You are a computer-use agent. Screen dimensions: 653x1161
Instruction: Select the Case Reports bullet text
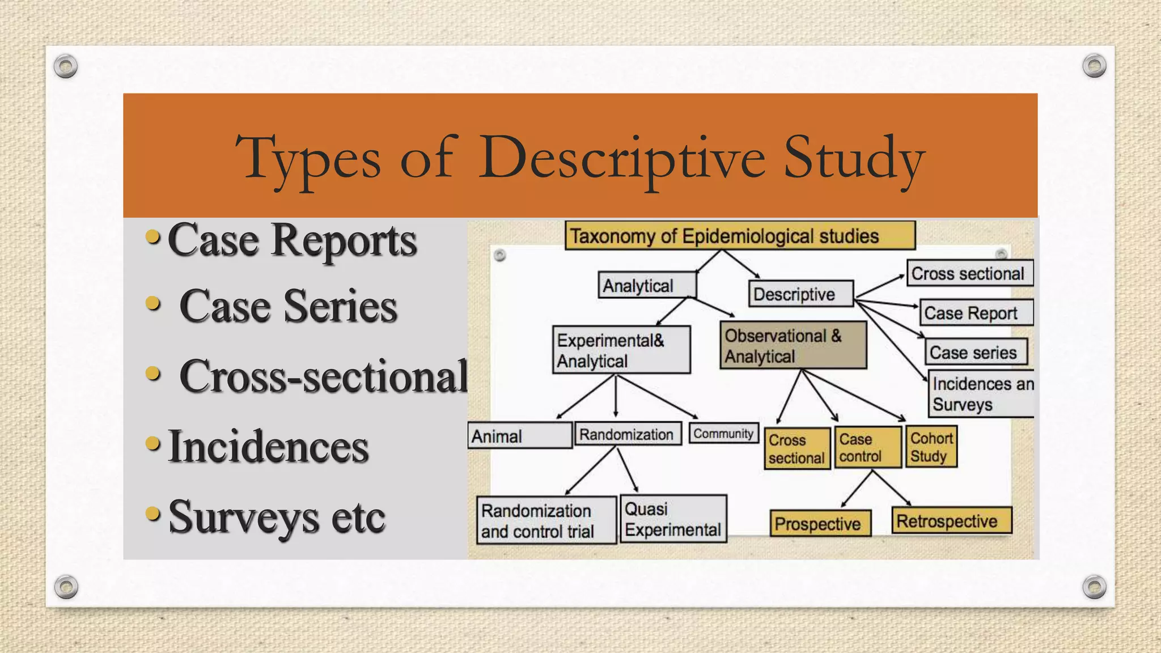click(292, 240)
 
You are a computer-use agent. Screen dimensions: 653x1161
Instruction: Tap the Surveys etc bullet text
click(277, 517)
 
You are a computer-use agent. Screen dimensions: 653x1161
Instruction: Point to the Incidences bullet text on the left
click(268, 447)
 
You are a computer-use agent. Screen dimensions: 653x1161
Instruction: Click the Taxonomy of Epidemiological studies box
click(740, 236)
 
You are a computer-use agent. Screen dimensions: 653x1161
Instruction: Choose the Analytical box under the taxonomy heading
click(647, 285)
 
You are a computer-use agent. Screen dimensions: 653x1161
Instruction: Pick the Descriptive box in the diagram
click(800, 294)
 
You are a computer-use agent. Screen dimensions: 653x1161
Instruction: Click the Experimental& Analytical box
click(621, 350)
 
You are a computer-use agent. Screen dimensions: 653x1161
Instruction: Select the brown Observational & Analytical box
click(793, 346)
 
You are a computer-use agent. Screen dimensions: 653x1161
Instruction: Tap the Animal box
click(519, 436)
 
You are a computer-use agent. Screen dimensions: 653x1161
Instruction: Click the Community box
click(723, 434)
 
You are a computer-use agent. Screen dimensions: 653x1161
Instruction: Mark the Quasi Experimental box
click(673, 519)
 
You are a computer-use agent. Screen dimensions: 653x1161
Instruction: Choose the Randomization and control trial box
click(546, 520)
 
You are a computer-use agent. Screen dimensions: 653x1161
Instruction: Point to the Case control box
click(867, 448)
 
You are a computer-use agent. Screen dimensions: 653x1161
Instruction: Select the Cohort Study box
click(931, 447)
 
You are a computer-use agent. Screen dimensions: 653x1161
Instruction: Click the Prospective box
click(820, 524)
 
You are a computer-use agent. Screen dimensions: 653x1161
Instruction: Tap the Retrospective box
click(952, 521)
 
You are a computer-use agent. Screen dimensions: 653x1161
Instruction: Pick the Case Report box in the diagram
click(976, 313)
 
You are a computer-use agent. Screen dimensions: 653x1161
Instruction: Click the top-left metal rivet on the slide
click(66, 66)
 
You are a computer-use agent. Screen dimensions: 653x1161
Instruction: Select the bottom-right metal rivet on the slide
click(1094, 587)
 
